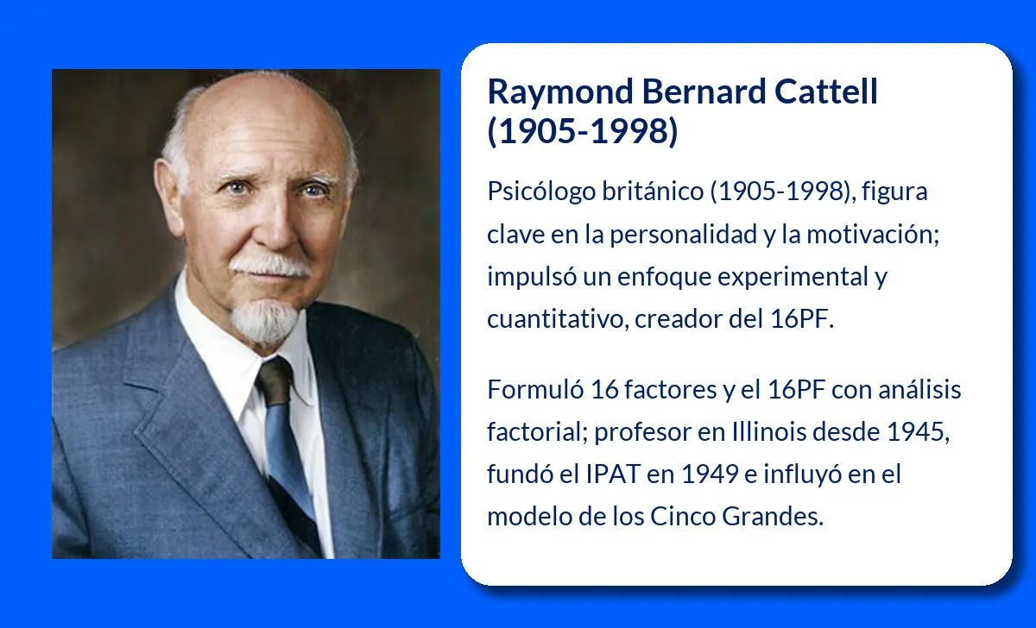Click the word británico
pyautogui.click(x=654, y=192)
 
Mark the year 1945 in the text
pyautogui.click(x=919, y=432)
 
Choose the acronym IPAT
pyautogui.click(x=618, y=474)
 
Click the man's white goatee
pyautogui.click(x=265, y=319)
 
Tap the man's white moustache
pyautogui.click(x=270, y=263)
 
